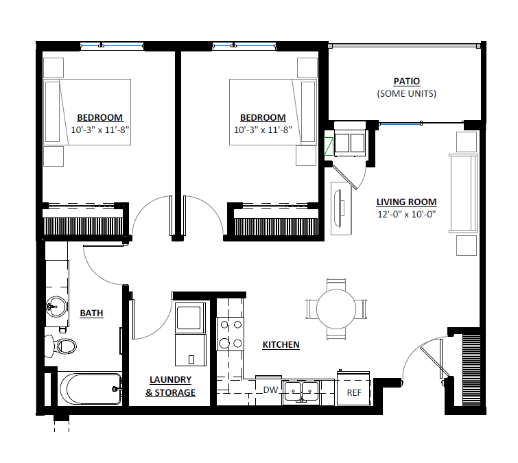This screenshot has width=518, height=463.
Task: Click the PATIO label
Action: pos(406,81)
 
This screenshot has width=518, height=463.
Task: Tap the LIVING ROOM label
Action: pos(406,202)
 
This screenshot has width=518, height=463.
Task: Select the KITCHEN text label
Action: pos(281,344)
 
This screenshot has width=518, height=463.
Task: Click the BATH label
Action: pos(91,313)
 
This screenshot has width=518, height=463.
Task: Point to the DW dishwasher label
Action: pos(270,390)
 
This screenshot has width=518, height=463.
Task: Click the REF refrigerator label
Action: pos(354,392)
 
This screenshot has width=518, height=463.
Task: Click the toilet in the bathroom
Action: pos(62,345)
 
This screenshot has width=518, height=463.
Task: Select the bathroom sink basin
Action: pos(55,307)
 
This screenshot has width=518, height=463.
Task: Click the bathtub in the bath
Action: pos(89,389)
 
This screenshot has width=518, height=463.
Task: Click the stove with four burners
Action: pos(231,333)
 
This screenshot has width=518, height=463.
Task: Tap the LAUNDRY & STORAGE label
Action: pos(170,386)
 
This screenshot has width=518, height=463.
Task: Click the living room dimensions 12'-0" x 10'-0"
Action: pos(406,214)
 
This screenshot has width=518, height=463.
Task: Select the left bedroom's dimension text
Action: pos(99,130)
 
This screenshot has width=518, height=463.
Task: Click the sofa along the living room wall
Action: pos(462,194)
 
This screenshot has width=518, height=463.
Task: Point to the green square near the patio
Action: pos(329,146)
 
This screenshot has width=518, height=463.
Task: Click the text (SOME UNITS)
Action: pos(406,93)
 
